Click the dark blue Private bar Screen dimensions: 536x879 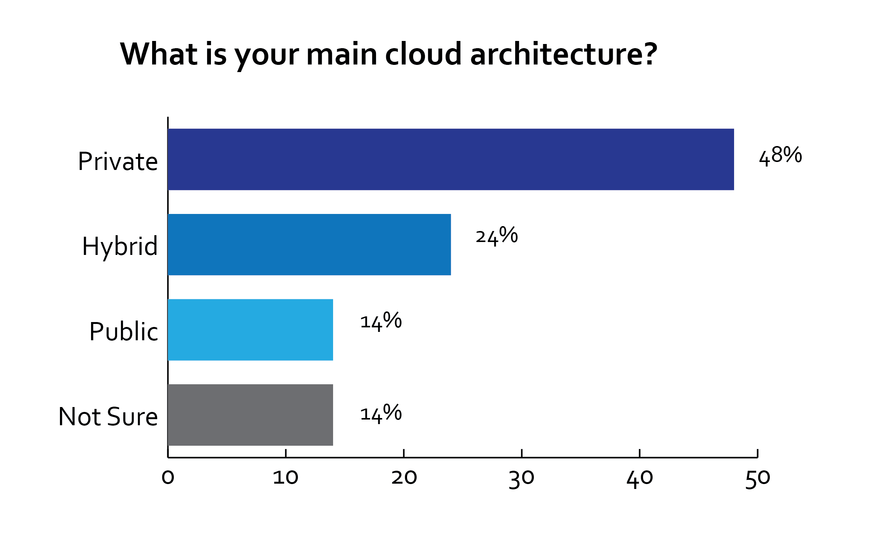(x=451, y=159)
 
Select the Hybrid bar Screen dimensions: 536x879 (x=309, y=245)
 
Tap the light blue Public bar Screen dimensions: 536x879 (x=250, y=330)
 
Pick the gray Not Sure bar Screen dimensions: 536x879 (x=250, y=415)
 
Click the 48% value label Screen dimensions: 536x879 (x=780, y=156)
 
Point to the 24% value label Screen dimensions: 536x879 (x=497, y=236)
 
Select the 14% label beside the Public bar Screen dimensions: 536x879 (x=381, y=321)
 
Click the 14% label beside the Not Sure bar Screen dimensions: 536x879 (x=381, y=413)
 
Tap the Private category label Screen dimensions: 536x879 (x=118, y=162)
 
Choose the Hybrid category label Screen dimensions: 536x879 (x=120, y=247)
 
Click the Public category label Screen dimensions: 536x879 (x=124, y=332)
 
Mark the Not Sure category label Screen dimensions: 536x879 (x=108, y=417)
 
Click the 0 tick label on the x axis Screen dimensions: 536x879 (x=168, y=478)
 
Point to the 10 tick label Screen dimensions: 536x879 (x=285, y=478)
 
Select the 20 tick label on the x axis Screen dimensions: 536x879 (x=404, y=478)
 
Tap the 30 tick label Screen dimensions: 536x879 (x=522, y=478)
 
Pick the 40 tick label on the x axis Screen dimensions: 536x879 (x=640, y=478)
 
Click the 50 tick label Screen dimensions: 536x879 (x=758, y=479)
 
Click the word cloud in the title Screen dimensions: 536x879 (x=423, y=54)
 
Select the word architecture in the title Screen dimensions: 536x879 (x=563, y=54)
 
